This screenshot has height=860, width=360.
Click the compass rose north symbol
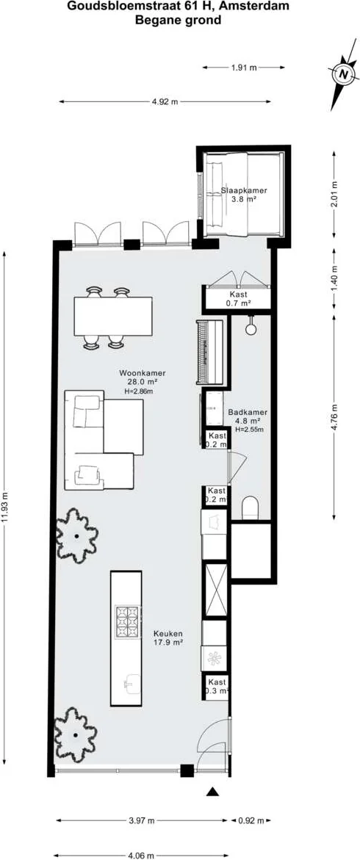tap(343, 73)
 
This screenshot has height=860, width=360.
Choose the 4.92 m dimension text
tap(165, 101)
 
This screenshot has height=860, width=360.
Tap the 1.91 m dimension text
tap(244, 68)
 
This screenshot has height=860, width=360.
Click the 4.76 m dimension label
tap(335, 418)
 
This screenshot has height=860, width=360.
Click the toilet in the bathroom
tap(251, 507)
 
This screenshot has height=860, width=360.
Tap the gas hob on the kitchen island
tap(128, 622)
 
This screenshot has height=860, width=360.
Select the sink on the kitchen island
tap(127, 683)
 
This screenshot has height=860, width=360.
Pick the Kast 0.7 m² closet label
tap(239, 298)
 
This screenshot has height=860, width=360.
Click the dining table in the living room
tap(113, 316)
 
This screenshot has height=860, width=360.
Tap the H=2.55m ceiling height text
tap(249, 430)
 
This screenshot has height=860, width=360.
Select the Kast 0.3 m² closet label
tap(217, 686)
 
